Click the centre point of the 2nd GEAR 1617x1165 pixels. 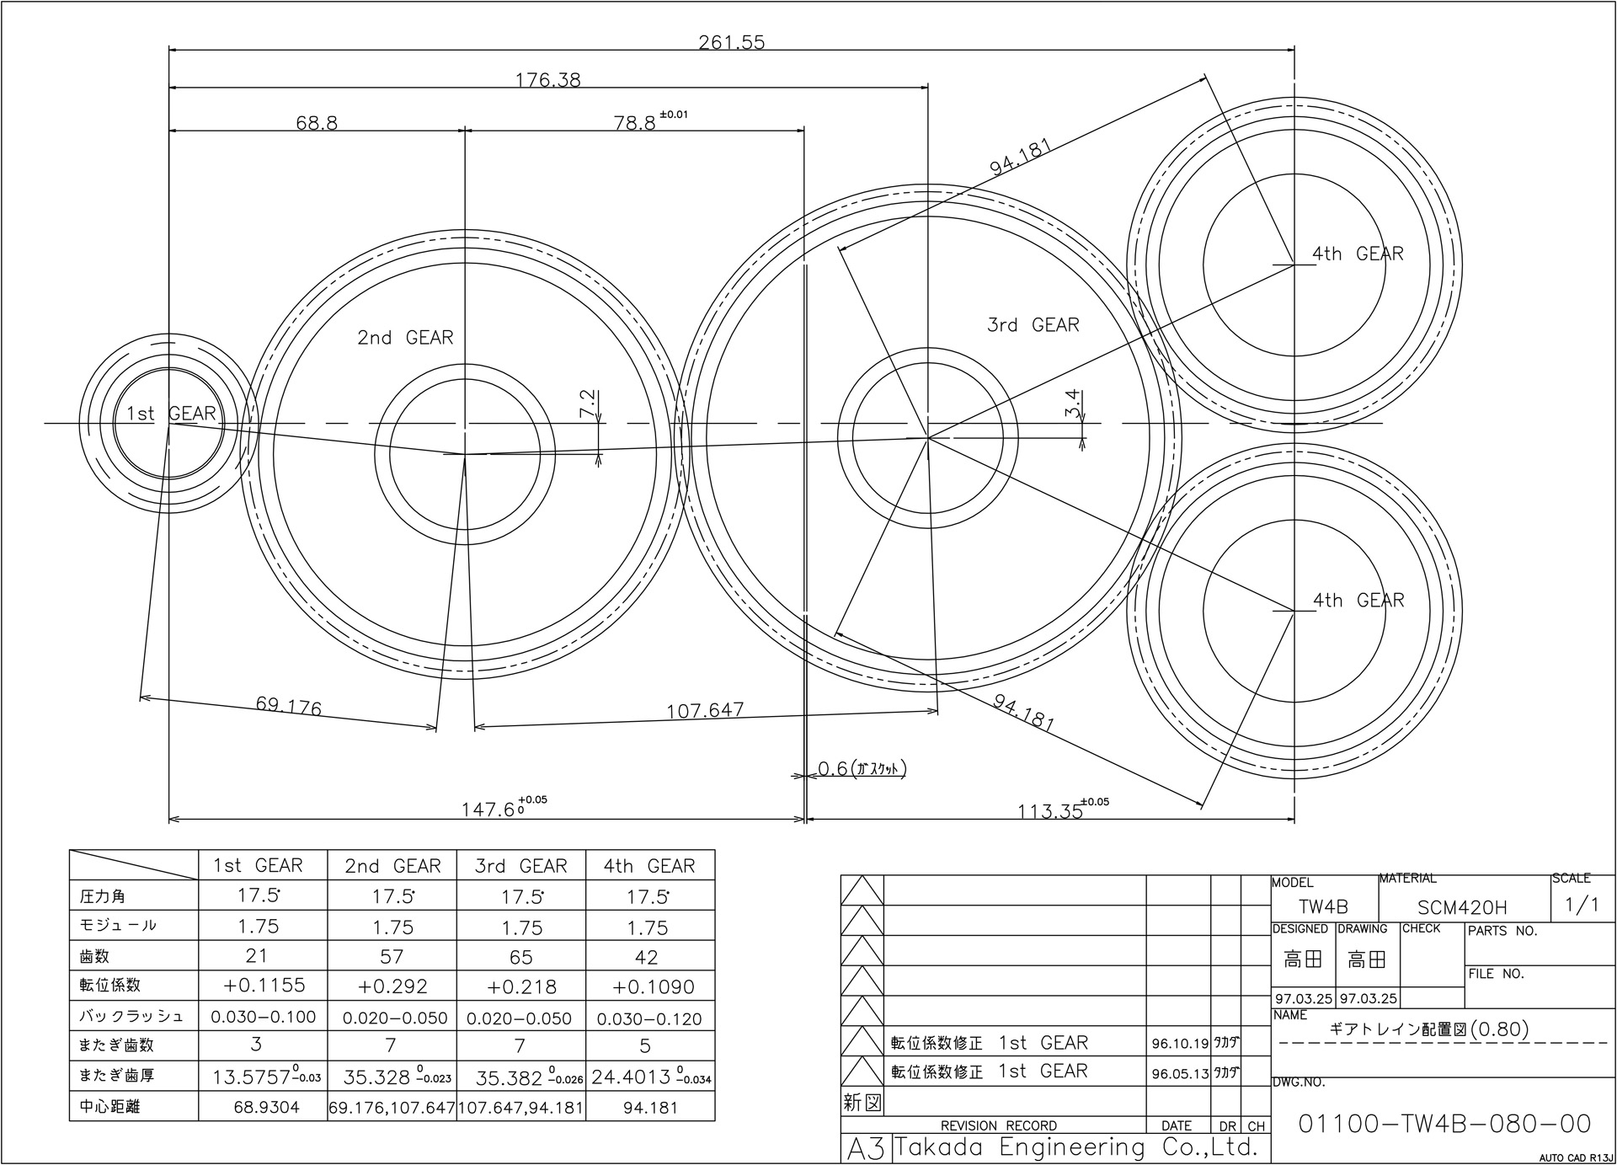point(465,455)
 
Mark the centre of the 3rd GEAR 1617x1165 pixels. point(928,438)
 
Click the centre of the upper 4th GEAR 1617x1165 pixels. point(1294,265)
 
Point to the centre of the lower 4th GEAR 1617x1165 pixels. point(1294,611)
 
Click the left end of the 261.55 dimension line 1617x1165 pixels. point(169,50)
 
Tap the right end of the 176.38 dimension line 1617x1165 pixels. point(928,87)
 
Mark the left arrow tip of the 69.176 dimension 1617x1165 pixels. point(140,697)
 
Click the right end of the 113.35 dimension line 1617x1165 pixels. point(1294,818)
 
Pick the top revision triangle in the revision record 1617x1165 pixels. point(862,890)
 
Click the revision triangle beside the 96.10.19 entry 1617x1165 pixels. point(862,1042)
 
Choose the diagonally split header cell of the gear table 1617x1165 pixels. point(134,865)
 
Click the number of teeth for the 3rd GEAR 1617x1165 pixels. point(521,957)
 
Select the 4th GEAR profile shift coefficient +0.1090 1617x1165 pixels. point(648,986)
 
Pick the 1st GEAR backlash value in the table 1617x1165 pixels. point(264,1017)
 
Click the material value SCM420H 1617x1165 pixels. point(1462,907)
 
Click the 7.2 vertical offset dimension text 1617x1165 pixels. point(588,404)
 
